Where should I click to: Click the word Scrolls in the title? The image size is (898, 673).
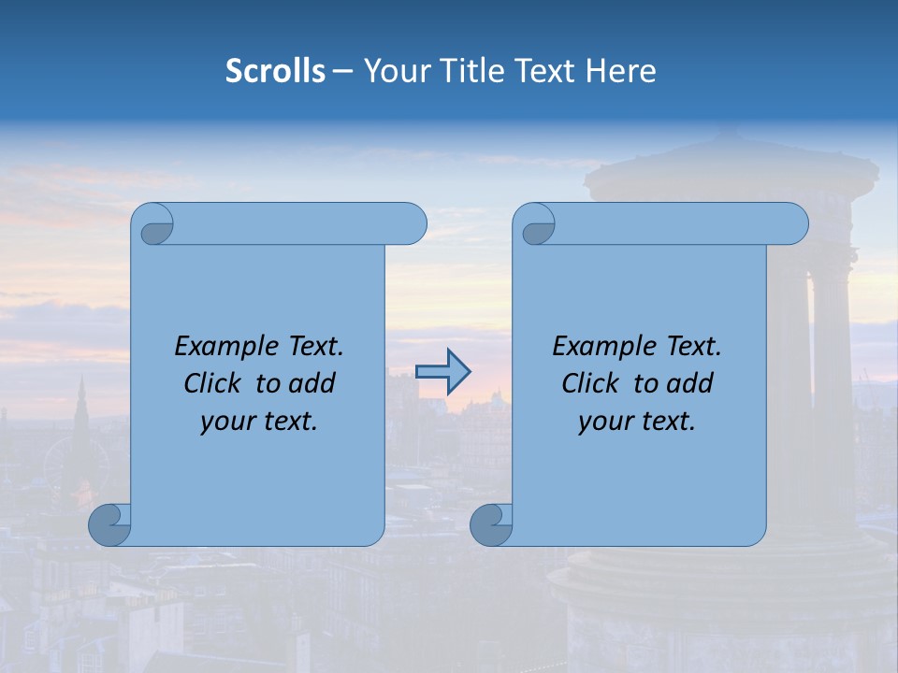[275, 71]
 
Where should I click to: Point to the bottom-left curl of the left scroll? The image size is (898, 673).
[109, 523]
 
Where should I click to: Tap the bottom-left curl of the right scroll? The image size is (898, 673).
[490, 523]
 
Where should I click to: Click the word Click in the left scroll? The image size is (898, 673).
[214, 383]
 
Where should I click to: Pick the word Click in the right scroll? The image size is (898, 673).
[592, 383]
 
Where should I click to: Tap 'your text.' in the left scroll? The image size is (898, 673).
[259, 422]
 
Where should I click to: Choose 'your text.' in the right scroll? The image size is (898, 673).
[637, 422]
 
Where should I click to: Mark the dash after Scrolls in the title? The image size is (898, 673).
[343, 71]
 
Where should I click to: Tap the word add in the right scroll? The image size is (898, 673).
[693, 383]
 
